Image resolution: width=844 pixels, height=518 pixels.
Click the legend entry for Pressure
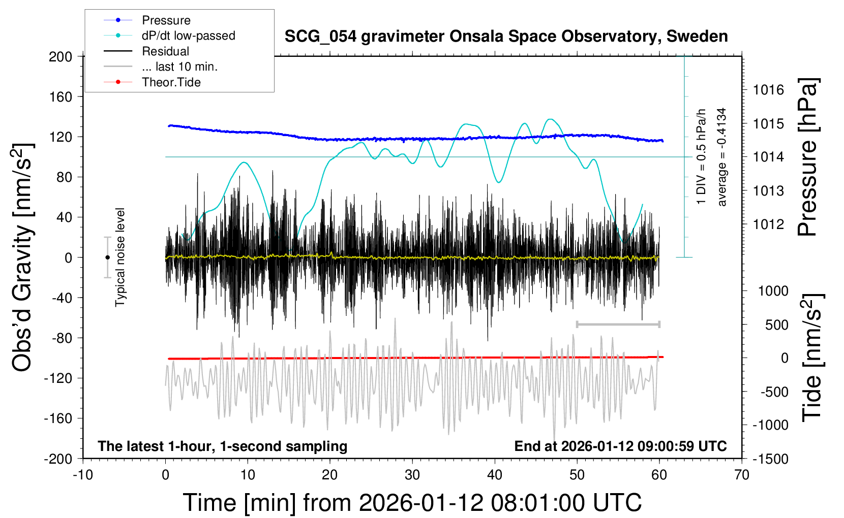coord(166,20)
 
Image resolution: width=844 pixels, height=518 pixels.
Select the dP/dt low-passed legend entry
coord(188,36)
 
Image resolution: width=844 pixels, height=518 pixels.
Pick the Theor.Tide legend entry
coord(171,82)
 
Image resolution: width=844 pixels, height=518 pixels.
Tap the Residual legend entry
coord(165,51)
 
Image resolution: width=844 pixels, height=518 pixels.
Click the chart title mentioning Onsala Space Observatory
coord(506,37)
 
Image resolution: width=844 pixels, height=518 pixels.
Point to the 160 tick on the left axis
coord(61,96)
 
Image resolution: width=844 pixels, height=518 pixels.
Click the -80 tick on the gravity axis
coord(62,338)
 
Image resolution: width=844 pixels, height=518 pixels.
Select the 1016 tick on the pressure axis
coord(768,90)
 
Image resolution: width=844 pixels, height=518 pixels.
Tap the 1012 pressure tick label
coord(768,224)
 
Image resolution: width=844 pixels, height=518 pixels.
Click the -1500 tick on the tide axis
coord(770,459)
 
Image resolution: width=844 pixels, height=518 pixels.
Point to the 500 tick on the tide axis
coord(776,325)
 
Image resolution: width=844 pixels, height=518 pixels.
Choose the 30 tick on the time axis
coord(412,475)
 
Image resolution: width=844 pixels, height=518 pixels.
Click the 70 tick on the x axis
coord(742,475)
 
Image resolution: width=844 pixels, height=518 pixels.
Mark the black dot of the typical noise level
coord(107,257)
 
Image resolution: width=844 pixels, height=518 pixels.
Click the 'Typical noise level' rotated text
coord(120,257)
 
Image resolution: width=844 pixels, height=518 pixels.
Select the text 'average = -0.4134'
coord(722,157)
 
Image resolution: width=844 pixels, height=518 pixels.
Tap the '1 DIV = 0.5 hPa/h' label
coord(702,156)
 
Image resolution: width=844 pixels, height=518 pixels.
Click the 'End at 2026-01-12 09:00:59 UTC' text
coord(620,446)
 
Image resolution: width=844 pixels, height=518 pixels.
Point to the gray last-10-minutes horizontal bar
coord(618,324)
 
